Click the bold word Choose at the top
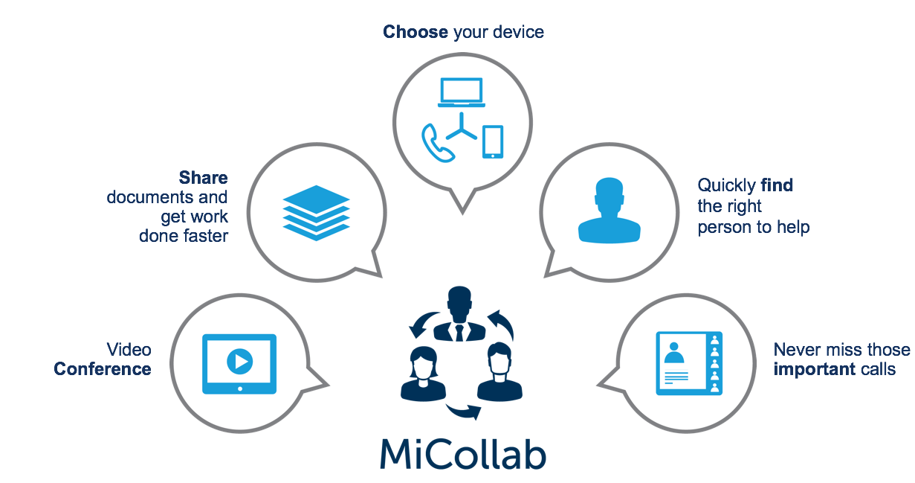pyautogui.click(x=415, y=32)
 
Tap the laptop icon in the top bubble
pyautogui.click(x=461, y=92)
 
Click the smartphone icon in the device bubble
pyautogui.click(x=493, y=141)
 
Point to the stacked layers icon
pyautogui.click(x=316, y=213)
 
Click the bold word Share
pyautogui.click(x=203, y=177)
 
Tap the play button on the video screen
pyautogui.click(x=240, y=361)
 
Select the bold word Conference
pyautogui.click(x=103, y=369)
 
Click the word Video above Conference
pyautogui.click(x=129, y=350)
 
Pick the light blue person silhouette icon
pyautogui.click(x=609, y=210)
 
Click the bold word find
pyautogui.click(x=777, y=185)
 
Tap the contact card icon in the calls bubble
pyautogui.click(x=689, y=363)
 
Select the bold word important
pyautogui.click(x=815, y=369)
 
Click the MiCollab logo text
pyautogui.click(x=463, y=454)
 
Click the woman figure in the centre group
pyautogui.click(x=423, y=374)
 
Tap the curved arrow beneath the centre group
pyautogui.click(x=464, y=411)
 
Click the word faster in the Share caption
pyautogui.click(x=206, y=236)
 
